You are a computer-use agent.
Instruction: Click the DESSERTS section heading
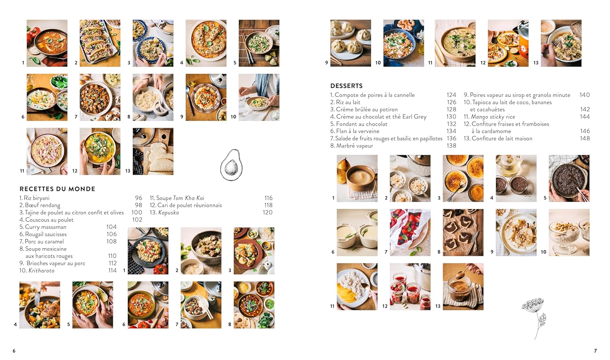click(346, 86)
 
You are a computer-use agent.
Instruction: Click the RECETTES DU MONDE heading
click(57, 189)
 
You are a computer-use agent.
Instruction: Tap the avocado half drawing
click(231, 165)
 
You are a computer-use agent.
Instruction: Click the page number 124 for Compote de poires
click(451, 95)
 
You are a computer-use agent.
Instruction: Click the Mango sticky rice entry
click(492, 117)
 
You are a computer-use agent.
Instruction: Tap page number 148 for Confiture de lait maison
click(584, 138)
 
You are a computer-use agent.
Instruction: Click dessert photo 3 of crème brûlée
click(463, 178)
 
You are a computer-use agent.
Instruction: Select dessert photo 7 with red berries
click(410, 232)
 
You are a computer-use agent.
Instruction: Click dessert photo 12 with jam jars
click(410, 286)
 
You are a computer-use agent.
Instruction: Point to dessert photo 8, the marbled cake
click(463, 232)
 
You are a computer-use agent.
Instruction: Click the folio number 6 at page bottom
click(14, 351)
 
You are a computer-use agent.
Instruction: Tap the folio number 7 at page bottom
click(595, 351)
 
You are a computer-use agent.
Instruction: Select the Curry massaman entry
click(45, 227)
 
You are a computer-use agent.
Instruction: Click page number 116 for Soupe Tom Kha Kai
click(268, 198)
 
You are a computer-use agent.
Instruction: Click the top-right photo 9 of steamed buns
click(351, 43)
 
